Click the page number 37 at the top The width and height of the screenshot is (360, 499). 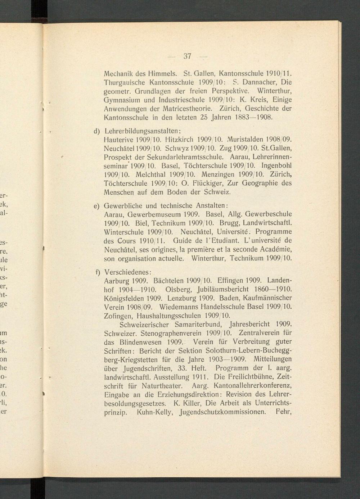pyautogui.click(x=187, y=56)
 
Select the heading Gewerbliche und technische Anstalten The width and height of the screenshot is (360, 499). pyautogui.click(x=165, y=206)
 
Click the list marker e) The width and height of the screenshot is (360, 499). pyautogui.click(x=96, y=206)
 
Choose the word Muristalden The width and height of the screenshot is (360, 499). pyautogui.click(x=244, y=139)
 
